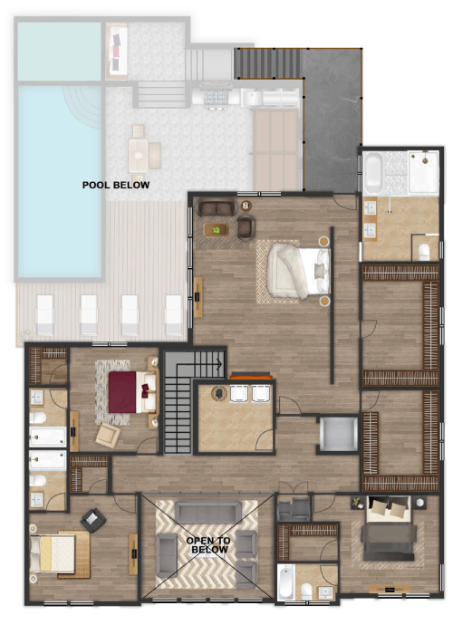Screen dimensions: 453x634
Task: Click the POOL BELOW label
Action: click(x=116, y=185)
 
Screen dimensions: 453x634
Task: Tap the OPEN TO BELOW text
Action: click(x=208, y=545)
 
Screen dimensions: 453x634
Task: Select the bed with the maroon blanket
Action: click(x=132, y=392)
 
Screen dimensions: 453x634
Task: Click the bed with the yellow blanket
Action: click(x=53, y=554)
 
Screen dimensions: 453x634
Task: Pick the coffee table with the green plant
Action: click(x=217, y=230)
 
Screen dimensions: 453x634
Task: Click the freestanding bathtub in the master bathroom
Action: click(x=373, y=174)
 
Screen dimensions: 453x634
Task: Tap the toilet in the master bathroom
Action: click(x=423, y=252)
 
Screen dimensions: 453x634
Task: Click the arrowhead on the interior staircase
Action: click(x=219, y=364)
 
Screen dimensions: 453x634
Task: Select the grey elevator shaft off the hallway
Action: click(x=339, y=434)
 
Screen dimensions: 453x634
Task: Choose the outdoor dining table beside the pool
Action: click(x=139, y=155)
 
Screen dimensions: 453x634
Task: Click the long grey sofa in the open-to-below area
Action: click(x=208, y=512)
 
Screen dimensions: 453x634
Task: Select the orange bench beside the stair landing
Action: click(x=251, y=377)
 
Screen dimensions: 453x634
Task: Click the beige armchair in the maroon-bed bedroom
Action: click(x=108, y=435)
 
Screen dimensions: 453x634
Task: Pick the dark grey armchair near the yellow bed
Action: click(x=93, y=521)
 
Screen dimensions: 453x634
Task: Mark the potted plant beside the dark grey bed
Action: click(x=357, y=502)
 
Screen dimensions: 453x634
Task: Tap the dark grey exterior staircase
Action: click(x=268, y=63)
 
